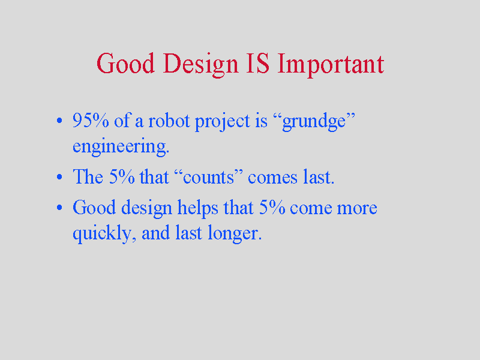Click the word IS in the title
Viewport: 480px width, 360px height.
click(x=258, y=64)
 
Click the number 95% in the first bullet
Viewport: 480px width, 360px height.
click(x=91, y=120)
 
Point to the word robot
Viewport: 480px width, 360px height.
click(x=169, y=120)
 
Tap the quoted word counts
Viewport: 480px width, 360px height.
click(x=208, y=176)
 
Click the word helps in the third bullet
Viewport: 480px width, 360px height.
click(x=198, y=209)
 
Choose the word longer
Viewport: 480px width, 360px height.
click(x=235, y=234)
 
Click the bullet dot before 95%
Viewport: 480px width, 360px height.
click(x=59, y=121)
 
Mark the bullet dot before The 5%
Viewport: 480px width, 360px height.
click(x=59, y=176)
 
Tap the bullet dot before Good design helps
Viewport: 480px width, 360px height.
click(x=59, y=208)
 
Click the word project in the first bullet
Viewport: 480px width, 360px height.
click(x=223, y=122)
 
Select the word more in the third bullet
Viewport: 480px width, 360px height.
click(x=357, y=209)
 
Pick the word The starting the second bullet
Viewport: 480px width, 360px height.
click(x=88, y=176)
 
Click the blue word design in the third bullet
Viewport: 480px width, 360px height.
click(x=146, y=209)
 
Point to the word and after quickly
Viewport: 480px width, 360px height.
click(x=157, y=233)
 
